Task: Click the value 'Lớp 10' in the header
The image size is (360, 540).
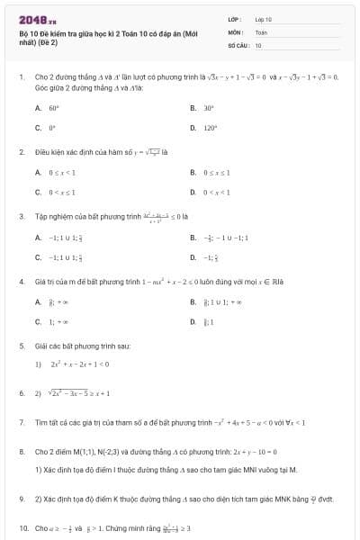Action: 263,18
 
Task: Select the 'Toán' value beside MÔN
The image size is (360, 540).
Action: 261,31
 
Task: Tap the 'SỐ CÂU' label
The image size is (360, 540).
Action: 238,44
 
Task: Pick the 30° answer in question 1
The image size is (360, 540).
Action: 208,107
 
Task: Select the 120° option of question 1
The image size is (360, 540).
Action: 210,129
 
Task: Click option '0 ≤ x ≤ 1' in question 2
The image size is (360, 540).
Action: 219,172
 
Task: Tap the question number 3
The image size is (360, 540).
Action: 22,216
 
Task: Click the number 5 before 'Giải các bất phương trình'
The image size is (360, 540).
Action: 22,346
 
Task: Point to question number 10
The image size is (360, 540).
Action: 23,527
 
